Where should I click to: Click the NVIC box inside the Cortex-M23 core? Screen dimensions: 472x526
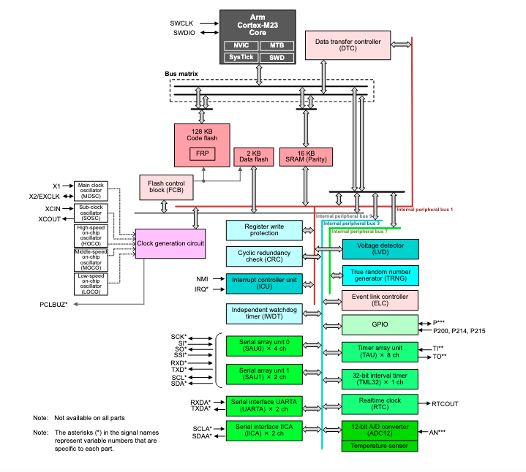(x=240, y=45)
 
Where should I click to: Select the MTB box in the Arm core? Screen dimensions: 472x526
(x=276, y=45)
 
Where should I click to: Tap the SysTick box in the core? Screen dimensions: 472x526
(x=240, y=56)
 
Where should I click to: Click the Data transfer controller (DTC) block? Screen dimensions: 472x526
(x=347, y=46)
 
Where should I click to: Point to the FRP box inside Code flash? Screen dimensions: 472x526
(x=200, y=153)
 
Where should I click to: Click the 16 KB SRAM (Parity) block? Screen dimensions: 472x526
(x=306, y=156)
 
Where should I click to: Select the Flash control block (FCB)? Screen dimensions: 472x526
(x=166, y=186)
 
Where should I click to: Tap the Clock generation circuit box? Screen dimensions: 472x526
(x=170, y=242)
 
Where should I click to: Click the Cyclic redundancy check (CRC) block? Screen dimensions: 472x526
(x=264, y=256)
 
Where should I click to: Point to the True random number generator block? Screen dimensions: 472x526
(x=380, y=275)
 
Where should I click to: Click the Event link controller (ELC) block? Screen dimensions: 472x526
(x=380, y=300)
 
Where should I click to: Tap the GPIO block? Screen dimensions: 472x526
(x=380, y=324)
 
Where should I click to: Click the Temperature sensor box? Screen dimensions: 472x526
(x=380, y=445)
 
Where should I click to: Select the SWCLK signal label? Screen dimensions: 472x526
(x=183, y=23)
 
